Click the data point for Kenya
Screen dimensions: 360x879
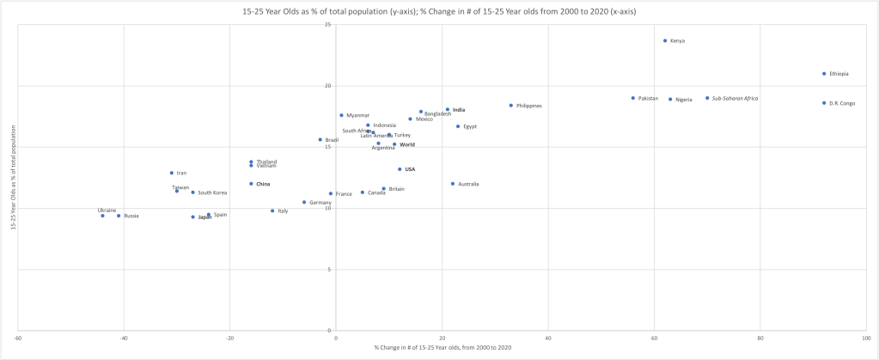(x=665, y=40)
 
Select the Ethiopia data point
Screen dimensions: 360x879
(x=824, y=74)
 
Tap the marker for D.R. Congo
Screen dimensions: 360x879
(x=824, y=103)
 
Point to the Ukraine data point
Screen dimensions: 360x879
(x=102, y=216)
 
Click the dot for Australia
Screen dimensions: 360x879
(x=453, y=184)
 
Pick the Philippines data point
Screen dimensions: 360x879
(x=511, y=106)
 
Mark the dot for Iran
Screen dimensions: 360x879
(x=172, y=173)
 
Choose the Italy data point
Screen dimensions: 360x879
(x=272, y=211)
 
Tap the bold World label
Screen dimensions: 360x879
(x=407, y=144)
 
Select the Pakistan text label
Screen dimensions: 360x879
(x=648, y=98)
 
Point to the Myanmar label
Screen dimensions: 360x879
(x=358, y=115)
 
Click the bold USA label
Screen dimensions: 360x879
(x=410, y=169)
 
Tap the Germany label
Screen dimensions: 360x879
(x=320, y=203)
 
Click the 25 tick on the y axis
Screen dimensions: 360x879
(x=328, y=24)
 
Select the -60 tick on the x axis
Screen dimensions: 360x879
(x=18, y=338)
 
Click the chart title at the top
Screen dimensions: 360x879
(x=439, y=9)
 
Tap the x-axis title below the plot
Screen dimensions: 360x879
(x=443, y=348)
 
